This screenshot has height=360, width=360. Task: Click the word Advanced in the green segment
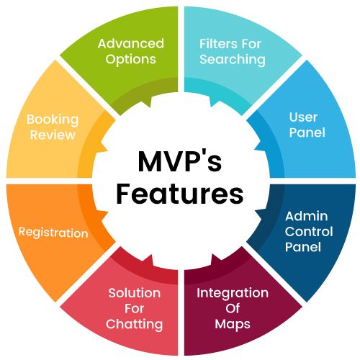(131, 43)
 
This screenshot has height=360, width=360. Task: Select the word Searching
(233, 60)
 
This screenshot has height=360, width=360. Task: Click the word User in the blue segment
(303, 117)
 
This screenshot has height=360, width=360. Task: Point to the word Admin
(307, 216)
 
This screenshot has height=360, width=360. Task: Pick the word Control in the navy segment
(309, 231)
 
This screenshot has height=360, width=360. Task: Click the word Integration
(233, 293)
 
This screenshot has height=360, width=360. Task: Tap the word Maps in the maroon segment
(233, 324)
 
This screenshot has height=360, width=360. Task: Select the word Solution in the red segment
(135, 293)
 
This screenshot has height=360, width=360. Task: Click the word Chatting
(135, 324)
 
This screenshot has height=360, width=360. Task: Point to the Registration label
(53, 233)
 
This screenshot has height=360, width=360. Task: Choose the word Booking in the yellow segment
(53, 120)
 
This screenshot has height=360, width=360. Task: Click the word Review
(53, 135)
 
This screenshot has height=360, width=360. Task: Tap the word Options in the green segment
(131, 60)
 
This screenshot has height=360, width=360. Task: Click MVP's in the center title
(180, 161)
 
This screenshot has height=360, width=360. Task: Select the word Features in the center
(180, 194)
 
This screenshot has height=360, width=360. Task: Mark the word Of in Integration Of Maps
(233, 308)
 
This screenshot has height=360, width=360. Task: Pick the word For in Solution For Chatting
(135, 308)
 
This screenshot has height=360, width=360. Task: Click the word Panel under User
(307, 132)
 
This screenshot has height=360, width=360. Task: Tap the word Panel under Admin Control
(303, 247)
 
